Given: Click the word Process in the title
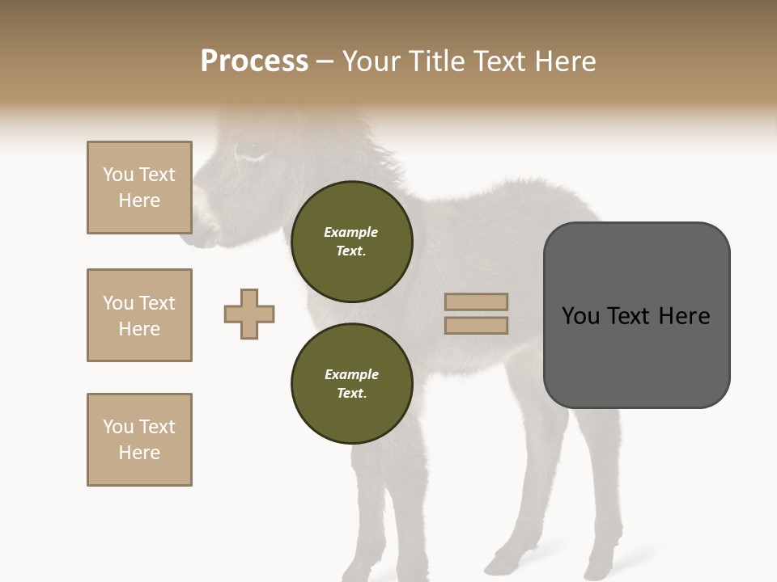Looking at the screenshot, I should pos(254,61).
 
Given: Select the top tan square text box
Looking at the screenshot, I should pos(139,188).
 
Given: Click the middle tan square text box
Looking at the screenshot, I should pos(139,315).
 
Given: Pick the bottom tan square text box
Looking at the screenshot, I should pos(139,440).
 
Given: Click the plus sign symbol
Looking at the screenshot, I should pos(249,314).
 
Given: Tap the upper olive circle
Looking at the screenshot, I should pos(351,241).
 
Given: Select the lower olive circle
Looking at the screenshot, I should pos(351,383).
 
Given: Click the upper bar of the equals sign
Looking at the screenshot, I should pos(476,302).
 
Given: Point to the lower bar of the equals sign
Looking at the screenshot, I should pos(476,325).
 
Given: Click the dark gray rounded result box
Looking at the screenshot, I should pos(636,315).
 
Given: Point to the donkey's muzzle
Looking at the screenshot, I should pos(202,230).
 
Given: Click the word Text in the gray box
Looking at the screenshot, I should pos(632,316).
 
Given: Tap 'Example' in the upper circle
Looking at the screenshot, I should pos(351,232).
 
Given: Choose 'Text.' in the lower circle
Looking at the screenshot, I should pos(351,394).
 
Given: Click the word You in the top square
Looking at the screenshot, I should pos(118,175).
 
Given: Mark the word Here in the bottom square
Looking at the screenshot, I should pos(139,453).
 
